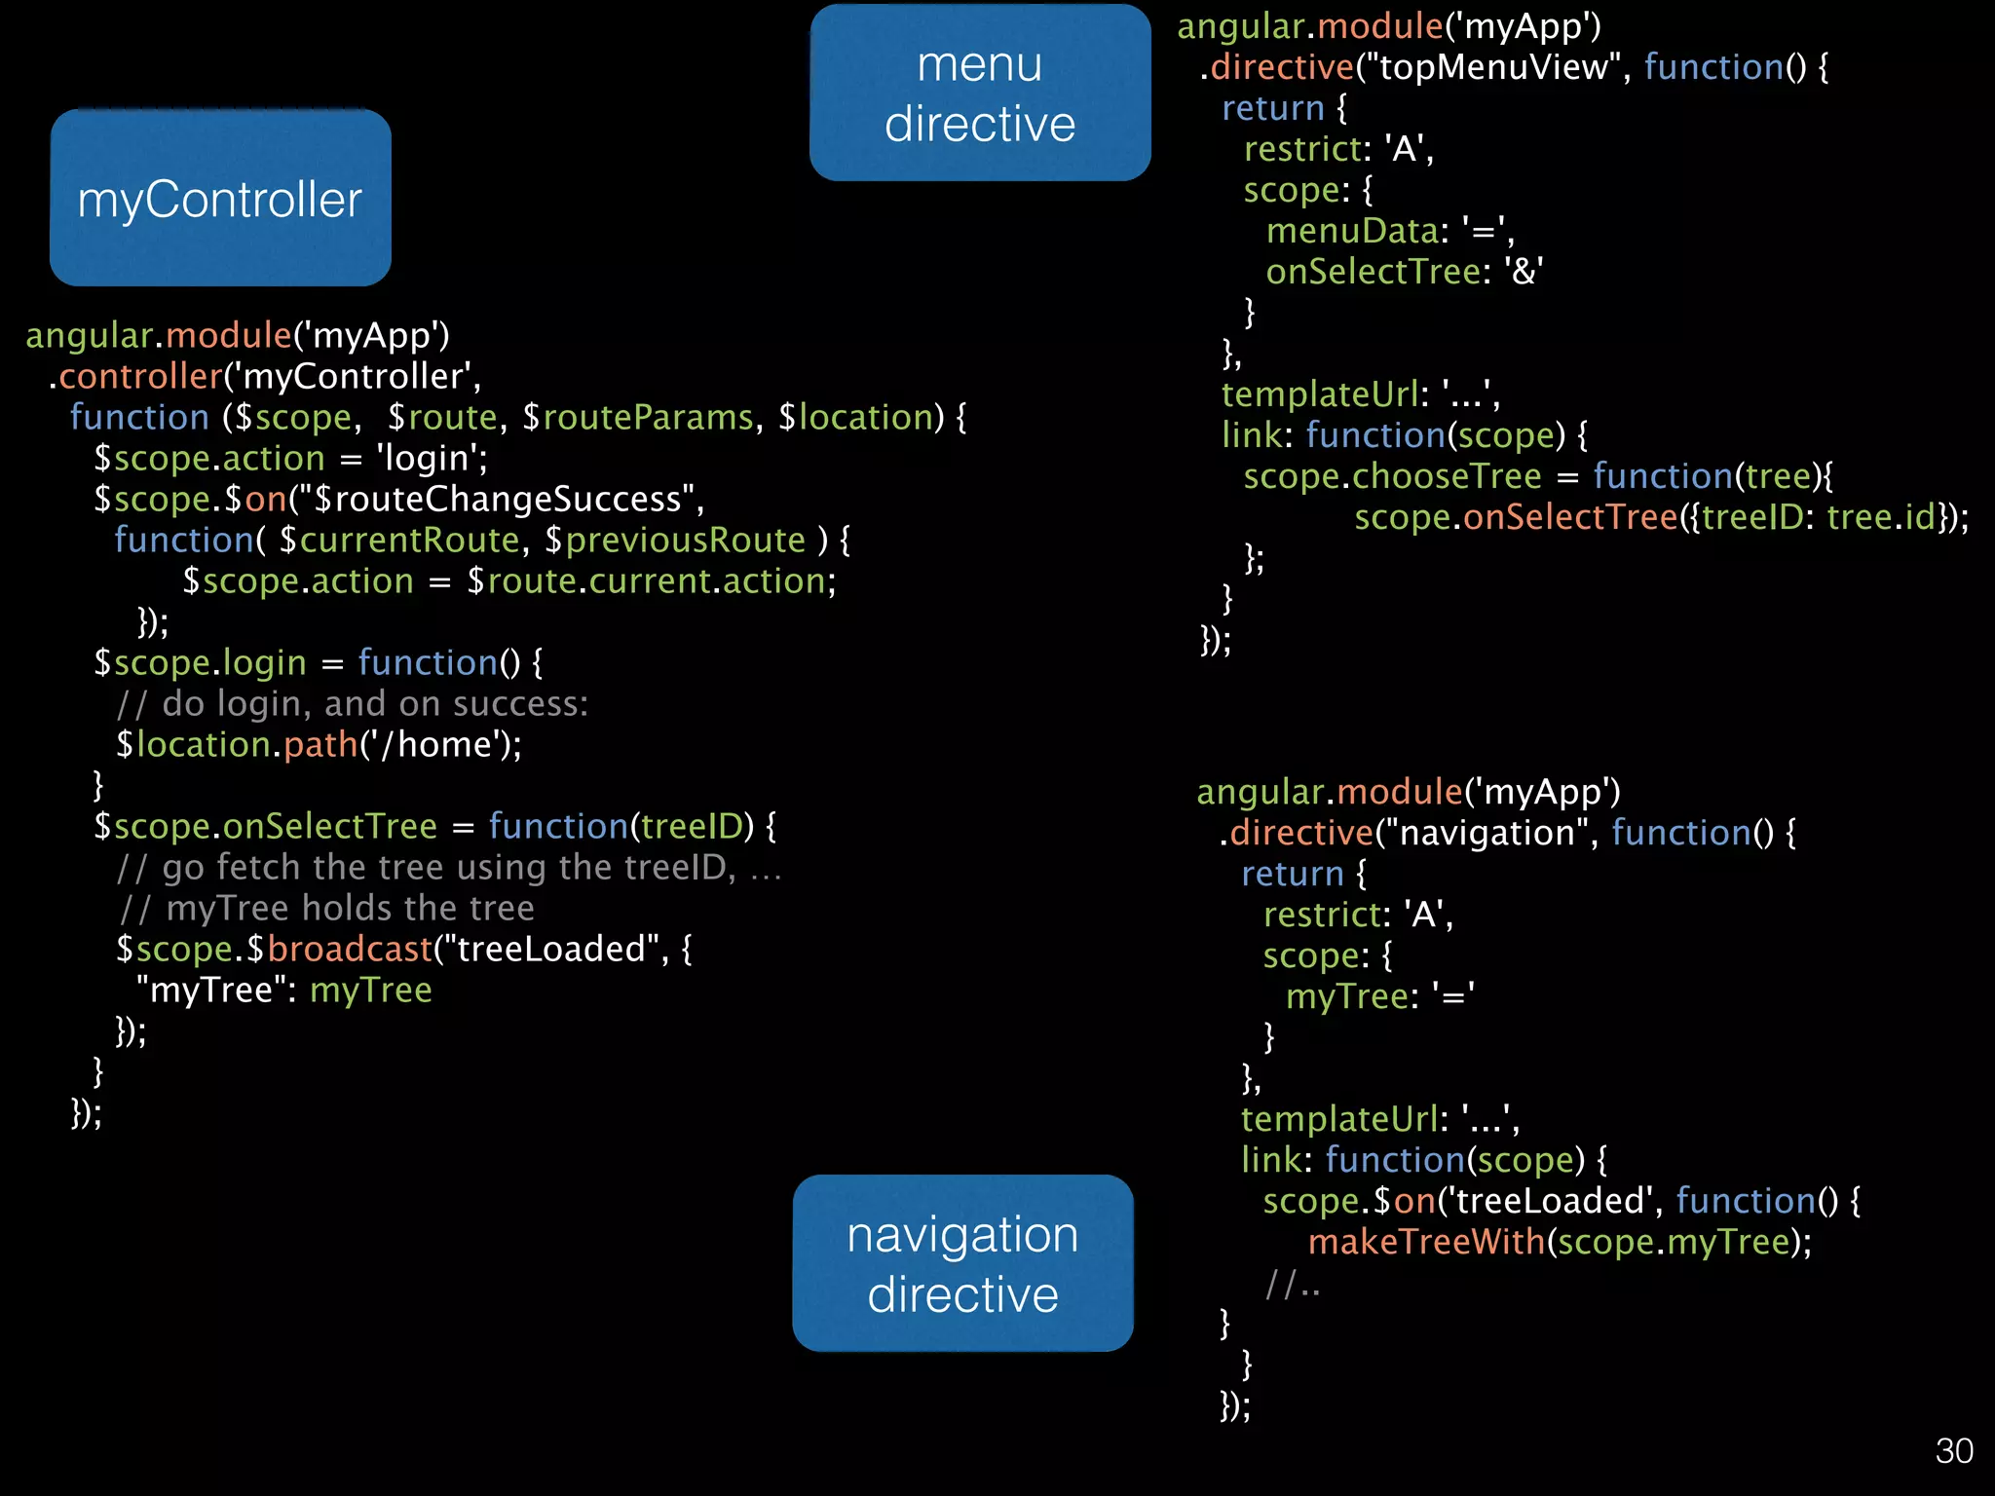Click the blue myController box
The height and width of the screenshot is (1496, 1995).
(220, 198)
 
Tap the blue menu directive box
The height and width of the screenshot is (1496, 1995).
(980, 93)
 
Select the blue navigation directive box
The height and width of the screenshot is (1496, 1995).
(962, 1263)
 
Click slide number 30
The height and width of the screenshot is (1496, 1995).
(1953, 1451)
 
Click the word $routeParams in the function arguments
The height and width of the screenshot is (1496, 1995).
(638, 417)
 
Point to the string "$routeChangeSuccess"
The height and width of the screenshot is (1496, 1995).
(497, 499)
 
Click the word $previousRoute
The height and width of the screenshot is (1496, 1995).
(675, 540)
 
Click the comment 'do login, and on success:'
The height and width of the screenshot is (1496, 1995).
(374, 703)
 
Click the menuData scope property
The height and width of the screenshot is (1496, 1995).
(1352, 231)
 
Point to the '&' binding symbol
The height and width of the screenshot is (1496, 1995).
(1523, 272)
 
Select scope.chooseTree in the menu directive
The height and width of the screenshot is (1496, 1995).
(1392, 476)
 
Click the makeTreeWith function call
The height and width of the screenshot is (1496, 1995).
(1426, 1242)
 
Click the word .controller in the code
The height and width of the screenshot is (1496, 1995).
(136, 376)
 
